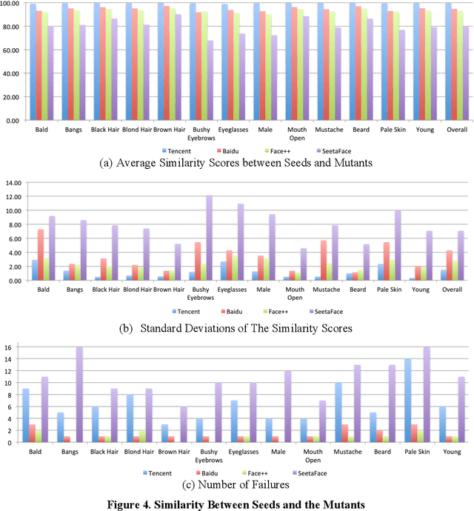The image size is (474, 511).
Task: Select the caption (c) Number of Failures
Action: (237, 485)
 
